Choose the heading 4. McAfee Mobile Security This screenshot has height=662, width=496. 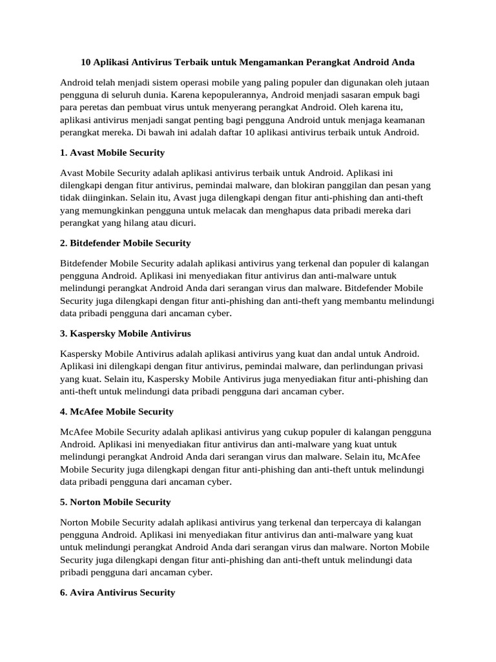pos(116,412)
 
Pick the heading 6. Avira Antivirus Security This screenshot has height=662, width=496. pos(117,592)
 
